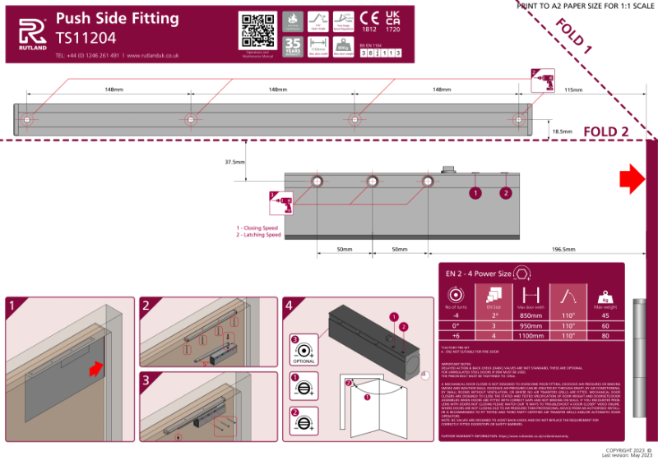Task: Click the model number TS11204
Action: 86,38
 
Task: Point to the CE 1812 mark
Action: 371,22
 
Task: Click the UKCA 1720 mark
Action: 392,22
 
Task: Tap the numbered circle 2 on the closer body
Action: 505,193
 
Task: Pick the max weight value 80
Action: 605,335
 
